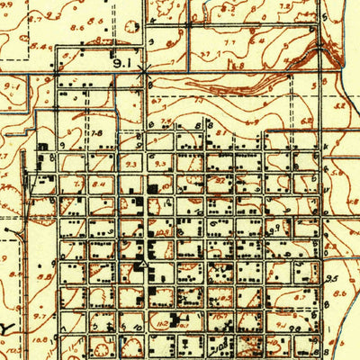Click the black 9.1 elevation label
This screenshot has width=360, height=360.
click(123, 64)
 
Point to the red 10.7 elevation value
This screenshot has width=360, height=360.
click(219, 315)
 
